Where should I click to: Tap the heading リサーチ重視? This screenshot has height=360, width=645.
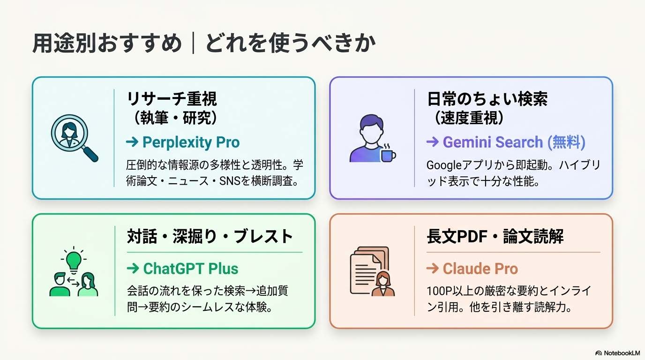coord(172,99)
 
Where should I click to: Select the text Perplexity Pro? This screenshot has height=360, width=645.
coord(191,142)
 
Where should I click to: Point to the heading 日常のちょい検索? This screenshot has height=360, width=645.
coord(487,99)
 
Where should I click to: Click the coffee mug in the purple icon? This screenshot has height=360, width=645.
coord(388,154)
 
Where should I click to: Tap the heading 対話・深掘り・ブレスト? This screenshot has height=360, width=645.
coord(210,236)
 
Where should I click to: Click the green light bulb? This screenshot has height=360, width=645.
coord(74,258)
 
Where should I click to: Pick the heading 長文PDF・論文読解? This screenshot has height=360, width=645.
coord(495,236)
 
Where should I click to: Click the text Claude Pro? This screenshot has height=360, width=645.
coord(480,269)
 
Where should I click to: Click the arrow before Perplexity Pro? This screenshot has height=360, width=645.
coord(132,142)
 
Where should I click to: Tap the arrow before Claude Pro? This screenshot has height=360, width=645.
coord(432,269)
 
